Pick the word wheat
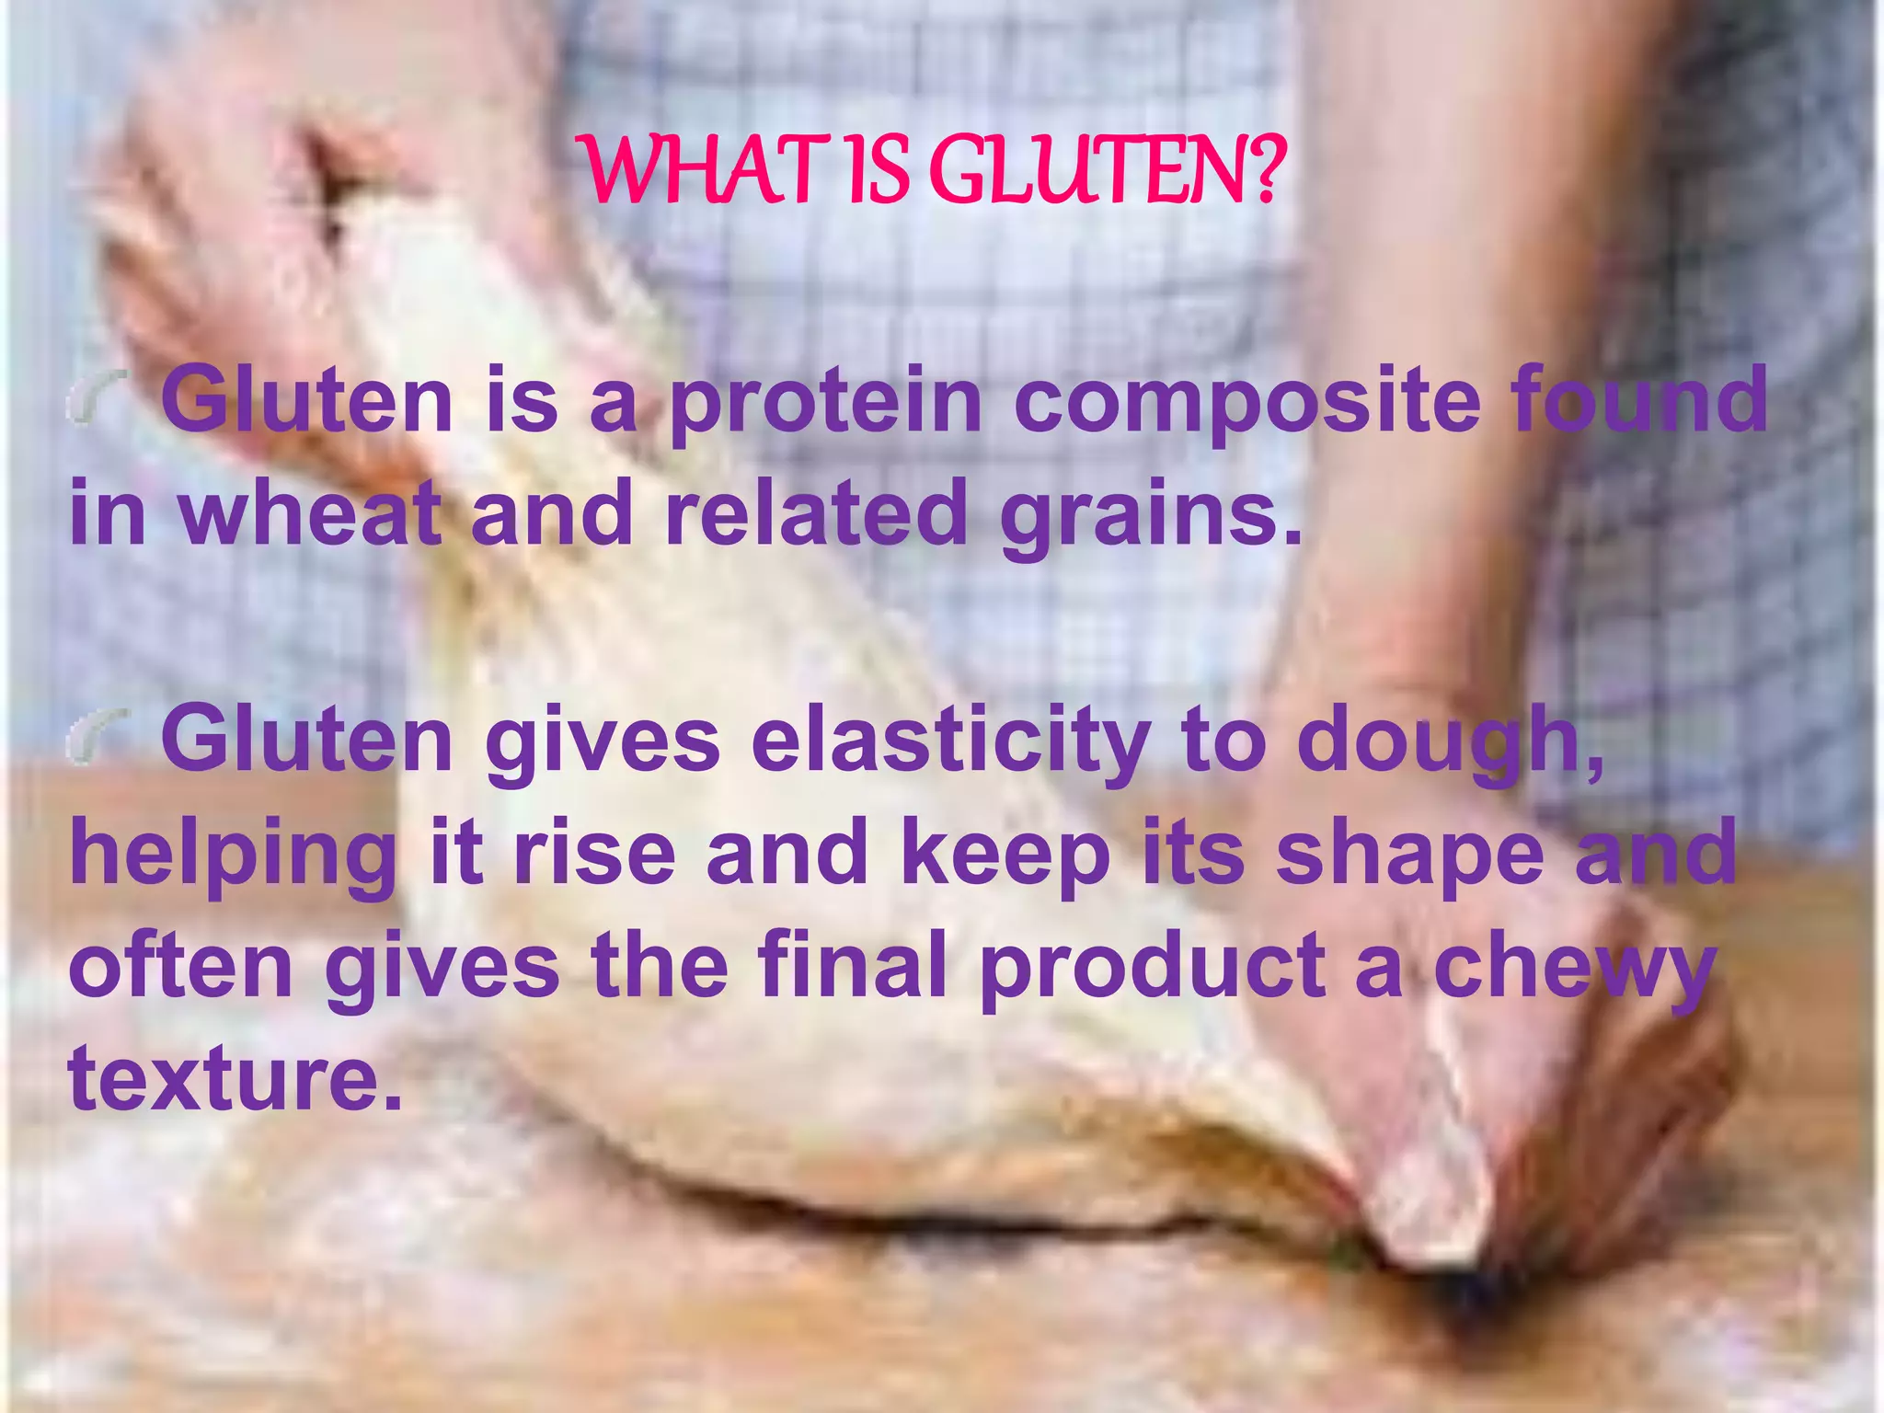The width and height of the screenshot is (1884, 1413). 309,513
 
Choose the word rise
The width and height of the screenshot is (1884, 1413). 594,854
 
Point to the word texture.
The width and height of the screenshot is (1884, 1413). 235,1078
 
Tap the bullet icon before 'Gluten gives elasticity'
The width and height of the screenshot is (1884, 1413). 98,739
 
